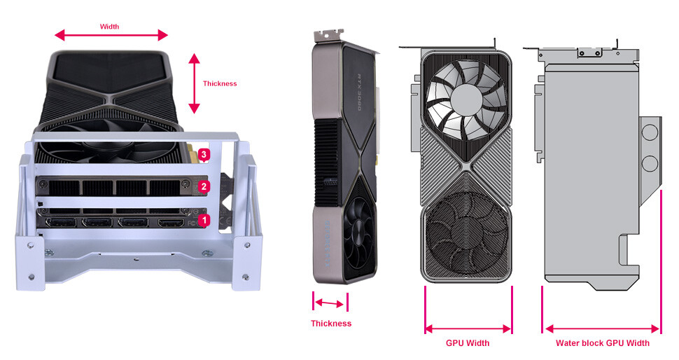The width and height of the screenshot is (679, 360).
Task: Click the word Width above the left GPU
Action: coord(110,27)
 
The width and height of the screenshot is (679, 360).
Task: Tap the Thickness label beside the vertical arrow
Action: coord(220,83)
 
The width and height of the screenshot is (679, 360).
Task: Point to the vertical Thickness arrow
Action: coord(194,84)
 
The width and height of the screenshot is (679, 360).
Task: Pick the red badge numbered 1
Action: coord(204,220)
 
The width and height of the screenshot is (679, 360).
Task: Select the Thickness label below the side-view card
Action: coord(331,324)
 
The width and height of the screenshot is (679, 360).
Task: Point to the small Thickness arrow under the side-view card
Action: coord(330,303)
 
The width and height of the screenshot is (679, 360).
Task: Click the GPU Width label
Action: coord(468,343)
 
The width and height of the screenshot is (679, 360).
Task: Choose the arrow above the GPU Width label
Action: coord(468,328)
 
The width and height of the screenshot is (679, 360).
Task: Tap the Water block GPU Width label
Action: coord(602,343)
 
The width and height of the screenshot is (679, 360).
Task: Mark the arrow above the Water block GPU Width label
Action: coord(602,328)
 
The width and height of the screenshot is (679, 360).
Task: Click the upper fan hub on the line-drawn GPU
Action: coord(467,100)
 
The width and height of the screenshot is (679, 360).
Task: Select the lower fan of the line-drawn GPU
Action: coord(468,232)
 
